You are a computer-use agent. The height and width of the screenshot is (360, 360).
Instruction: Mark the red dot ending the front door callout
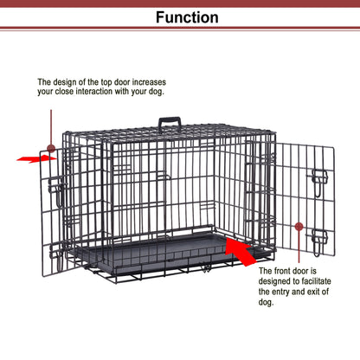click(299, 226)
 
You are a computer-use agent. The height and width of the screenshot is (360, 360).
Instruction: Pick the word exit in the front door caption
click(324, 304)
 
